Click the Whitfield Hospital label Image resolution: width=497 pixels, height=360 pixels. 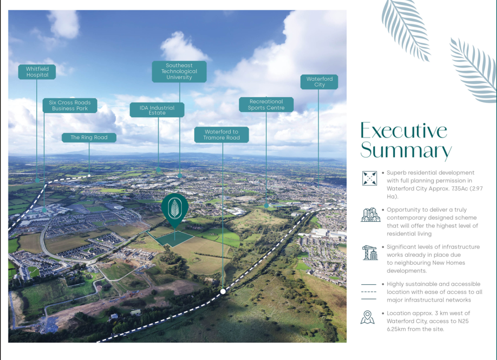pos(37,72)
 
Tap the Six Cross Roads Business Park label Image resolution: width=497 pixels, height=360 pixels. pos(70,106)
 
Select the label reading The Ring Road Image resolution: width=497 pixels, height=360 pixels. pos(89,137)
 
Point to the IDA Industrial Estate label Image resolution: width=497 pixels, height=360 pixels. pos(157,110)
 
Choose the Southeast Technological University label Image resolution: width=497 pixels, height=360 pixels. pos(179,71)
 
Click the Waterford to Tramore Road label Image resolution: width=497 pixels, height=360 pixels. pos(222,135)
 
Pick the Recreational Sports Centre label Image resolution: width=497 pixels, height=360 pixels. pos(266,105)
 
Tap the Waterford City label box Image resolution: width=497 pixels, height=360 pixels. pos(319,82)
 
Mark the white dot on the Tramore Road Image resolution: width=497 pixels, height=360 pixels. pos(223,291)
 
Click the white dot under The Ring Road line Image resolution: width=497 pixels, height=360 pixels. pos(89,175)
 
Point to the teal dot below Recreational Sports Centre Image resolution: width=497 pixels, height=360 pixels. pos(266,206)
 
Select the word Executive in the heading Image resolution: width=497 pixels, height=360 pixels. pos(404,130)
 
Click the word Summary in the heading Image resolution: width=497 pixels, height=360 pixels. pos(406,150)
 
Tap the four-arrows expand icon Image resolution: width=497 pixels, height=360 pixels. pos(369,178)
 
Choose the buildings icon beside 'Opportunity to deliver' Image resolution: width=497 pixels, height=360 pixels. pos(370,215)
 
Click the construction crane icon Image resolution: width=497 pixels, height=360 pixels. pos(370,252)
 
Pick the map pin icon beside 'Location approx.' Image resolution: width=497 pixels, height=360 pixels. pos(367,317)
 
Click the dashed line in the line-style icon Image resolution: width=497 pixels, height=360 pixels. pos(369,292)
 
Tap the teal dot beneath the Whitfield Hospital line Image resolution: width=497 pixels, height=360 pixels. pos(37,180)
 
